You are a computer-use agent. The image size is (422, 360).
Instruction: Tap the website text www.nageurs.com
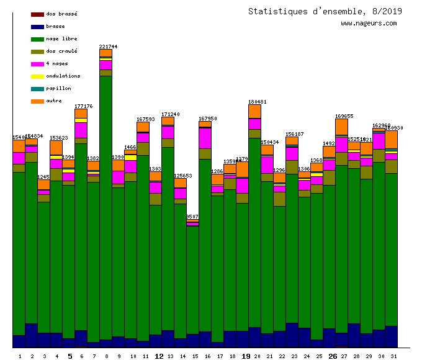tap(369, 24)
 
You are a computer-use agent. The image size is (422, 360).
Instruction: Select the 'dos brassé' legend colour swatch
tap(37, 14)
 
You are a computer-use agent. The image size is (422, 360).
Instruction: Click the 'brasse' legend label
tap(55, 26)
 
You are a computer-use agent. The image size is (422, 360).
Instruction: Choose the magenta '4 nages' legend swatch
tap(37, 63)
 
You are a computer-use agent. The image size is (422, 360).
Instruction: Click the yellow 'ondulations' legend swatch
tap(37, 76)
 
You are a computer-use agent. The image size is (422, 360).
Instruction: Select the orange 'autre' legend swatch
tap(37, 101)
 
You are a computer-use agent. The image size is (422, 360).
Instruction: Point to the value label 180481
tap(257, 102)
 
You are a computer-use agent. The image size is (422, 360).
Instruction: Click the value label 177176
tap(83, 106)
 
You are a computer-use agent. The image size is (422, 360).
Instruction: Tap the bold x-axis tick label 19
tap(246, 356)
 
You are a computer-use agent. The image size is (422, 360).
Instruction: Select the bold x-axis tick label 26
tap(333, 356)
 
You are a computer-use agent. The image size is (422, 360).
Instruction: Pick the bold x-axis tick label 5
tap(70, 356)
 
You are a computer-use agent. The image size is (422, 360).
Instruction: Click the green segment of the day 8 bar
tap(105, 205)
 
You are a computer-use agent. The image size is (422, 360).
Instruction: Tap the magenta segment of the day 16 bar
tap(205, 138)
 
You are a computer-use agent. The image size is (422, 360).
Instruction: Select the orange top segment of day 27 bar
tap(341, 127)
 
